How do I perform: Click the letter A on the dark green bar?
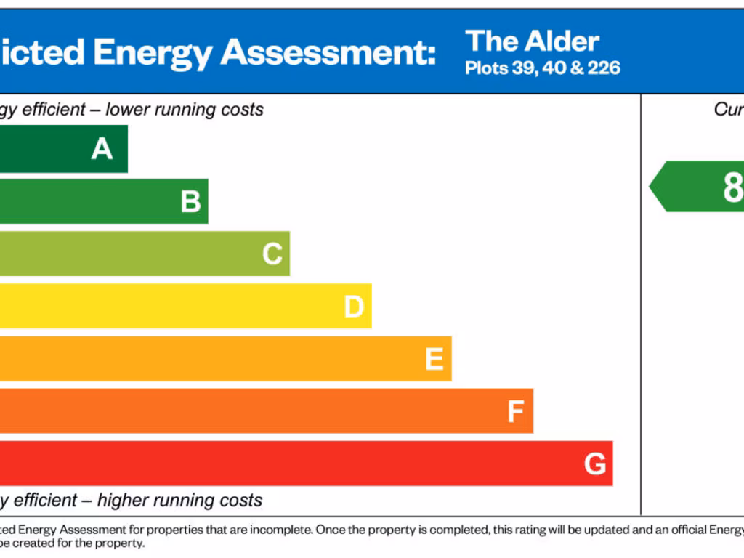102,149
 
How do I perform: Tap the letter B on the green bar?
190,201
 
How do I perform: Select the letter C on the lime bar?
272,254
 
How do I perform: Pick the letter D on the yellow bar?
354,307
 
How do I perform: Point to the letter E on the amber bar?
434,359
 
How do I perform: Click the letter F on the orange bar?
515,412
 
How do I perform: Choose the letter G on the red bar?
595,464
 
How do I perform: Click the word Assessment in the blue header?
328,52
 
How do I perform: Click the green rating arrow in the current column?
697,187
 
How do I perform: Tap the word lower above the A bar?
129,110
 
